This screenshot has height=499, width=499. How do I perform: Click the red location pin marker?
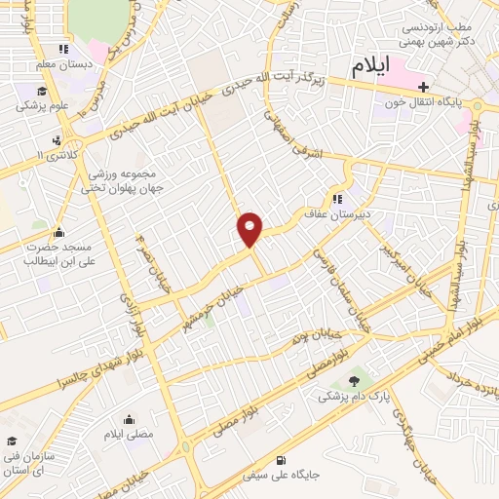tap(250, 228)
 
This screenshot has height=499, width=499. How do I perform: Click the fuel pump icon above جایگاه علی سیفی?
tap(282, 460)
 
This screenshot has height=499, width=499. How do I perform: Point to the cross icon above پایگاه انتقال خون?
tap(421, 87)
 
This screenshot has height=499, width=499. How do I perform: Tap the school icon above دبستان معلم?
tap(63, 49)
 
